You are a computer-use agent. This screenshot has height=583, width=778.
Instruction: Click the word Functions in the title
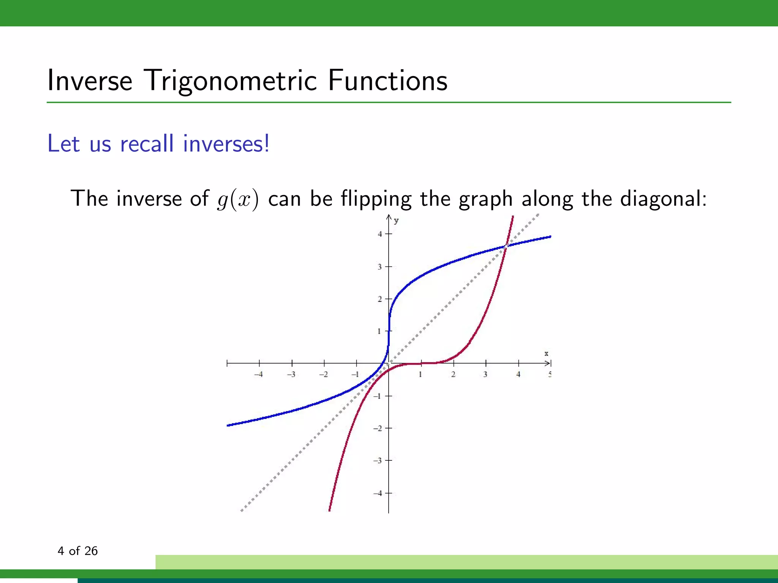click(x=387, y=80)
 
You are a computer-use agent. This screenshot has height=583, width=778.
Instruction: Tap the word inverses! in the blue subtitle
click(x=226, y=144)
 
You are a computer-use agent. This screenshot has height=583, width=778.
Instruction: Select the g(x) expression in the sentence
click(x=238, y=199)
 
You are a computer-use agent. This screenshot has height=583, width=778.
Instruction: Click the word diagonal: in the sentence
click(x=663, y=199)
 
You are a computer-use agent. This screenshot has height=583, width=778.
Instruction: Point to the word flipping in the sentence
click(x=376, y=199)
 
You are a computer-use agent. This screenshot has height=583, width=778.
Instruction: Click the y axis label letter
click(x=396, y=221)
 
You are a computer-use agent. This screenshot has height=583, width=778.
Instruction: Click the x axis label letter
click(x=546, y=353)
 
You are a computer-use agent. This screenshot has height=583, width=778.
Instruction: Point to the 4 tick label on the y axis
click(x=380, y=234)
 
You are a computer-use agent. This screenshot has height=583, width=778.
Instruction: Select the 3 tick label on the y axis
click(x=380, y=267)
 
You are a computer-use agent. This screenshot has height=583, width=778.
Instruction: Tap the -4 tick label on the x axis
click(x=259, y=374)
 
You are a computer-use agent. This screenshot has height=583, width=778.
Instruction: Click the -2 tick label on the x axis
click(x=323, y=374)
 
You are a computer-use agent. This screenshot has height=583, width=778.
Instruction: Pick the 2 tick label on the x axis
click(x=453, y=374)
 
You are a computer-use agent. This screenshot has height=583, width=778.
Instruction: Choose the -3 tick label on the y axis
click(x=378, y=461)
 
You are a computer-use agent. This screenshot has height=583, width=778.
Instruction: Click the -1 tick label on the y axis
click(x=378, y=396)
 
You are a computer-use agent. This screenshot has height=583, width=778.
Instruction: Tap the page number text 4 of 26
click(x=77, y=551)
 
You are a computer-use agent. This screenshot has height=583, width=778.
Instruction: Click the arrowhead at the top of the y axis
click(x=389, y=217)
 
